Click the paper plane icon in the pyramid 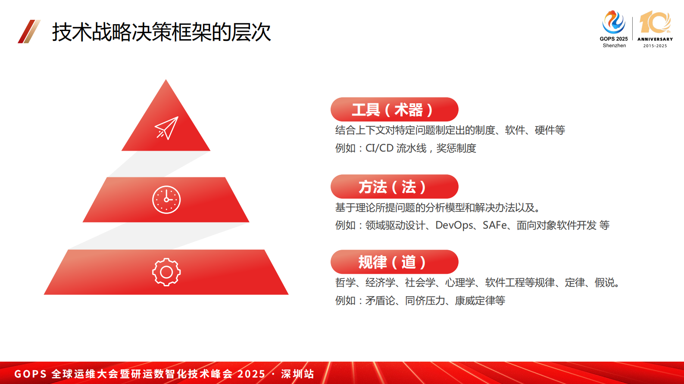pos(166,128)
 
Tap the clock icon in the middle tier pos(166,200)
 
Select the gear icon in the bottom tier pos(166,272)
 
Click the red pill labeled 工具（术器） pos(394,109)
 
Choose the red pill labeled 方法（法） pos(394,187)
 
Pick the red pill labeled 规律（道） pos(394,262)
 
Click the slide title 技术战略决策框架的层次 pos(161,32)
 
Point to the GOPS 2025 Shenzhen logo pos(614,28)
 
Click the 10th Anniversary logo pos(655,28)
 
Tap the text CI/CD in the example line pos(379,149)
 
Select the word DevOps pos(454,225)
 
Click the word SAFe pos(494,225)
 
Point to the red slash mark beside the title pos(29,31)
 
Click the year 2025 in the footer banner pos(251,374)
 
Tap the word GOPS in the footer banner pos(30,374)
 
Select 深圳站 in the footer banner pos(297,374)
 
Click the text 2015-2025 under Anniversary pos(655,46)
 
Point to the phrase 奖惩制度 pos(456,149)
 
